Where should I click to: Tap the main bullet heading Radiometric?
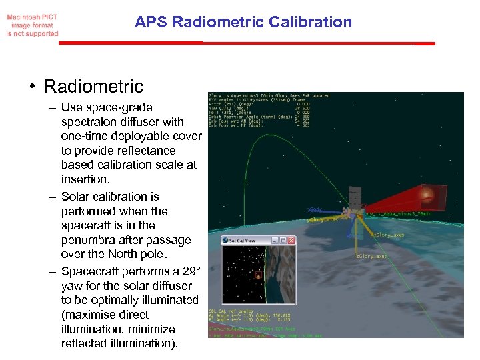pos(93,86)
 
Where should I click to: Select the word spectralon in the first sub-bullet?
pos(88,122)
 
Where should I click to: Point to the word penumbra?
pos(90,240)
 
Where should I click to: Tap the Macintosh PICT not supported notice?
pos(32,24)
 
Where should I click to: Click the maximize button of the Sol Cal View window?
pos(283,241)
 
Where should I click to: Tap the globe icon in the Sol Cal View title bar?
pos(226,241)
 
